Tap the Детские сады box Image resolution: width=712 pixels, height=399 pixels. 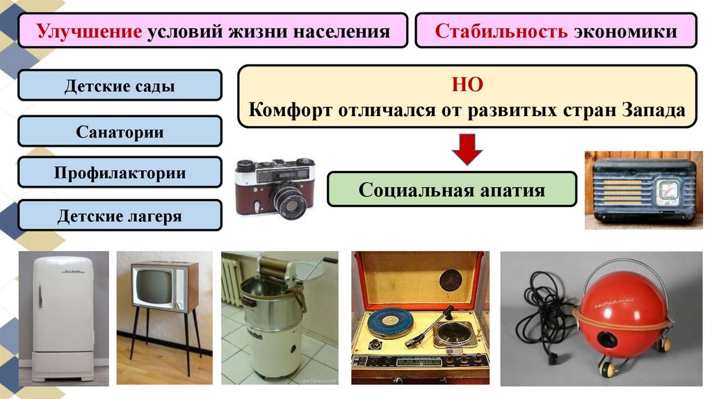[x=120, y=87]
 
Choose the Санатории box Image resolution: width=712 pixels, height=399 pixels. [x=120, y=131]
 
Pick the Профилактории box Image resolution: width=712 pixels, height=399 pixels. [x=120, y=172]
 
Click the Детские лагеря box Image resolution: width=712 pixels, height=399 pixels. [x=120, y=216]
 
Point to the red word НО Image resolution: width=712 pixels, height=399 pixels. [x=467, y=85]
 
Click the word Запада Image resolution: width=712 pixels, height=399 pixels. [x=651, y=111]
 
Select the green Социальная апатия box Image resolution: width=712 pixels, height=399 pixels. [x=452, y=189]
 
